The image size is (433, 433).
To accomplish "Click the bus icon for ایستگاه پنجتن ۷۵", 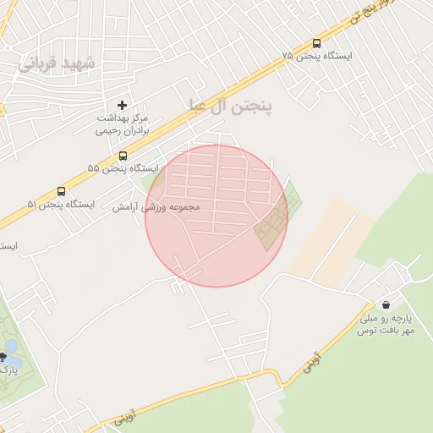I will (316, 43).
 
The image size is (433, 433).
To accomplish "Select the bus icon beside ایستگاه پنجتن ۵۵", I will (123, 156).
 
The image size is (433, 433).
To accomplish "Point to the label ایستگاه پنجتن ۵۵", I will (123, 168).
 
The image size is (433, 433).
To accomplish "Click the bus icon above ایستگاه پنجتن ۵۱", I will (61, 192).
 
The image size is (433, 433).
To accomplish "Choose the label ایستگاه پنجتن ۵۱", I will (61, 205).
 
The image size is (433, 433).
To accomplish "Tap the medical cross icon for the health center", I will (123, 105).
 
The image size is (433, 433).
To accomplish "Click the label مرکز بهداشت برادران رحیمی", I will (123, 123).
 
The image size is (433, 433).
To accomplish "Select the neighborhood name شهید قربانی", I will (58, 63).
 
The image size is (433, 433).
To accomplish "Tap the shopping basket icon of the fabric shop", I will (386, 305).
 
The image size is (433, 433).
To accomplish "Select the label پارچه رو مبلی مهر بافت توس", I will (386, 324).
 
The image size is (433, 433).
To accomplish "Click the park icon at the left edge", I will (11, 356).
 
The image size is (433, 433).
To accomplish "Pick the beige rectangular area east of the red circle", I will (332, 237).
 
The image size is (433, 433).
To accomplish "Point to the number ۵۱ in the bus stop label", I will (33, 205).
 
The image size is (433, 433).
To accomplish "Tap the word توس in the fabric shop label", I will (365, 330).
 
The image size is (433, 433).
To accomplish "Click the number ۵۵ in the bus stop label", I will (93, 168).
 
